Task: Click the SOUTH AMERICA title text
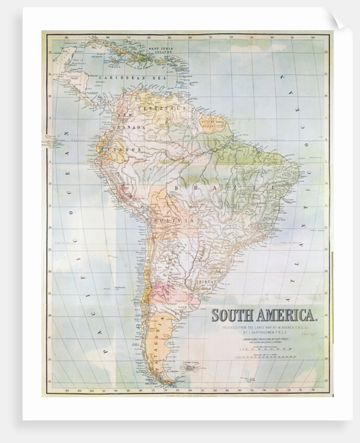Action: [x=263, y=316]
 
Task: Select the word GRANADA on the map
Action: [x=132, y=127]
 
